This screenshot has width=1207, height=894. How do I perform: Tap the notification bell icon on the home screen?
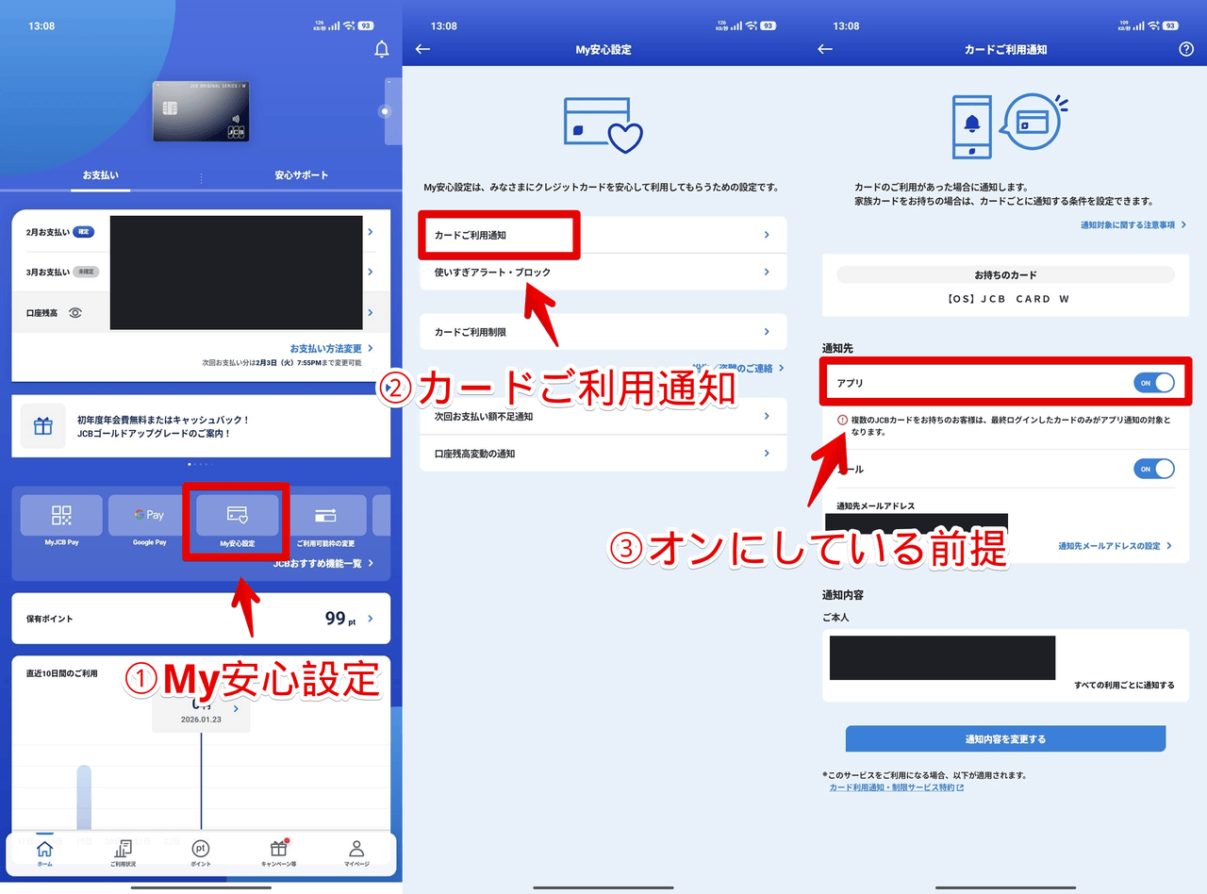[x=382, y=50]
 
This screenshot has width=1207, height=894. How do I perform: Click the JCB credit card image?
[x=201, y=111]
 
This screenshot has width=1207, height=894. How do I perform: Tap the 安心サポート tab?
[x=302, y=175]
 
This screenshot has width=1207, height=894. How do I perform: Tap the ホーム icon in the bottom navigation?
[x=44, y=852]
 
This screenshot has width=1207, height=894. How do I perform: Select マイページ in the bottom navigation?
[x=355, y=852]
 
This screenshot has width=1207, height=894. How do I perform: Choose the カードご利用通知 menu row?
[x=603, y=235]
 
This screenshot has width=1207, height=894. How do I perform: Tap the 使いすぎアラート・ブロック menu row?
[x=603, y=273]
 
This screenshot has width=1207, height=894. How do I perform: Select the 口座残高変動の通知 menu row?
[x=603, y=454]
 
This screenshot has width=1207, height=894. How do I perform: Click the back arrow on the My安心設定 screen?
[x=422, y=49]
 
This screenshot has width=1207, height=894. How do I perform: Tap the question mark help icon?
[x=1186, y=49]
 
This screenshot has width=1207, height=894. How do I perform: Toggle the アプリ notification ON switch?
[x=1153, y=383]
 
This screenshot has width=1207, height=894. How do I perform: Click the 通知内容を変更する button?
[x=1005, y=738]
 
